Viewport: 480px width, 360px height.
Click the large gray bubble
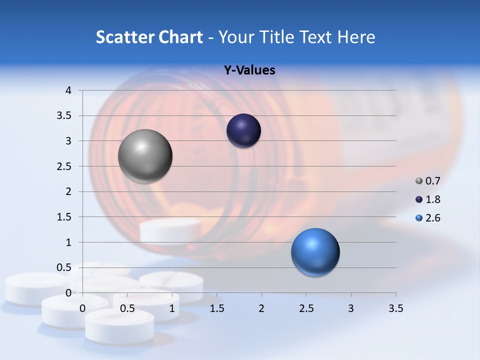coord(145,156)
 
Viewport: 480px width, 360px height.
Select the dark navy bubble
coord(243,131)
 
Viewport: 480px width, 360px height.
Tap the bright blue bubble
coord(315,252)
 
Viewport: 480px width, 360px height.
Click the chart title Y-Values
coord(249,70)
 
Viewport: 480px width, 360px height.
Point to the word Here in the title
coord(356,37)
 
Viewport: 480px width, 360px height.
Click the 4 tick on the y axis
coord(68,90)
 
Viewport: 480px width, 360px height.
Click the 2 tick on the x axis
coord(261,308)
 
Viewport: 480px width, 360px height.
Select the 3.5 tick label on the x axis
coord(395,308)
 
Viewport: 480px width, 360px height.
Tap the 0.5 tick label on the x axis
coord(127,308)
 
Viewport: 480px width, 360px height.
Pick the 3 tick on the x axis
coord(351,308)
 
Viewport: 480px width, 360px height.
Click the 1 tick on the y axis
coord(68,242)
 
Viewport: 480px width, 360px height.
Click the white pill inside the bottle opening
coord(170,230)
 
